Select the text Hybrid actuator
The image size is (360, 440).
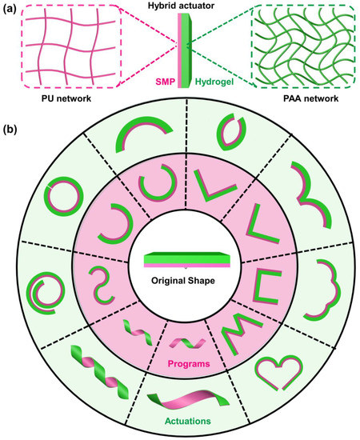point(181,7)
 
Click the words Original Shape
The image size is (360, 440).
point(180,282)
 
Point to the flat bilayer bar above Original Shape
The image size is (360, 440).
point(180,261)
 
